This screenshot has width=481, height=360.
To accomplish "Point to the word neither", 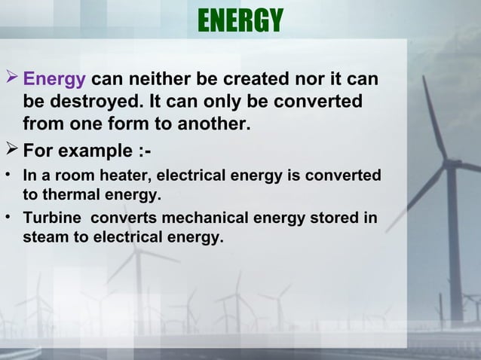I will pos(155,79).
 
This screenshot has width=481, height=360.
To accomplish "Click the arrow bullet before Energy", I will pos(13,78).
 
